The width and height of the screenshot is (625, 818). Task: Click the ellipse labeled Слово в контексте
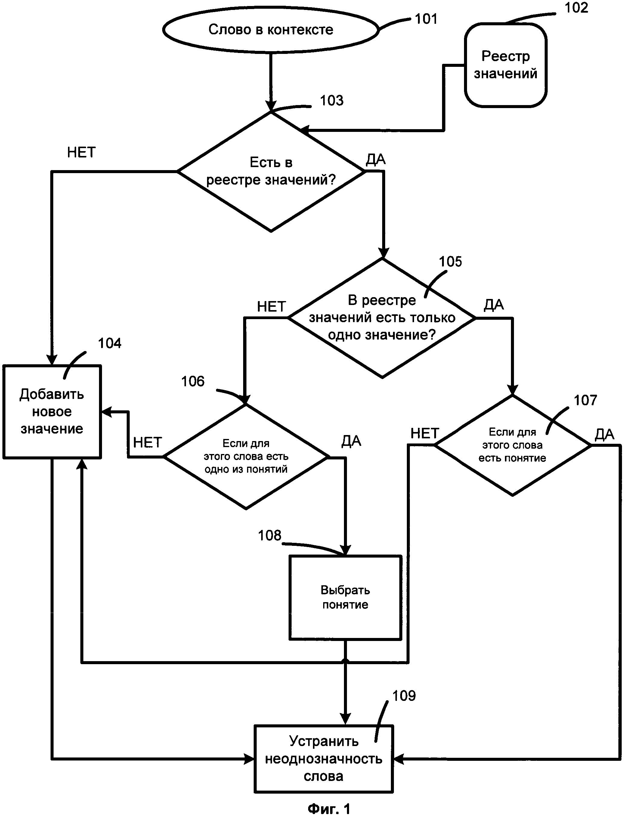tap(271, 30)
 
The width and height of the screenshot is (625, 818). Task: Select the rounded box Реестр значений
tap(506, 65)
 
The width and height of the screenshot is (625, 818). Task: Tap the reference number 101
tap(426, 19)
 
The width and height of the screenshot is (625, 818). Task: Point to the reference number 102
tap(576, 8)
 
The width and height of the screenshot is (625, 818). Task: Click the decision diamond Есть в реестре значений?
tap(271, 172)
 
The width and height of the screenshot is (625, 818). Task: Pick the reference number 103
tap(332, 101)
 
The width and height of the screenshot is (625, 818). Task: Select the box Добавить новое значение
tap(52, 412)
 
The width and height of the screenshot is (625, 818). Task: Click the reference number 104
tap(109, 343)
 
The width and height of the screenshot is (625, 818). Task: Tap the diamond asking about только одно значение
tap(382, 318)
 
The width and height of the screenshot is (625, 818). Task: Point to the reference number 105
tap(450, 262)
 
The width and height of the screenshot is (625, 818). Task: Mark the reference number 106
tap(193, 381)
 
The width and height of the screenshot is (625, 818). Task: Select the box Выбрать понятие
tap(345, 597)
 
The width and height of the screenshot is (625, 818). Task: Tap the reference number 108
tap(269, 536)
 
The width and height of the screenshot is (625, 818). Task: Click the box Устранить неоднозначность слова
tap(324, 758)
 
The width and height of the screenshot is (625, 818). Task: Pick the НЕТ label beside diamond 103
tap(81, 152)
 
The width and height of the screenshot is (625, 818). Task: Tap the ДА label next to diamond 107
tap(604, 434)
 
